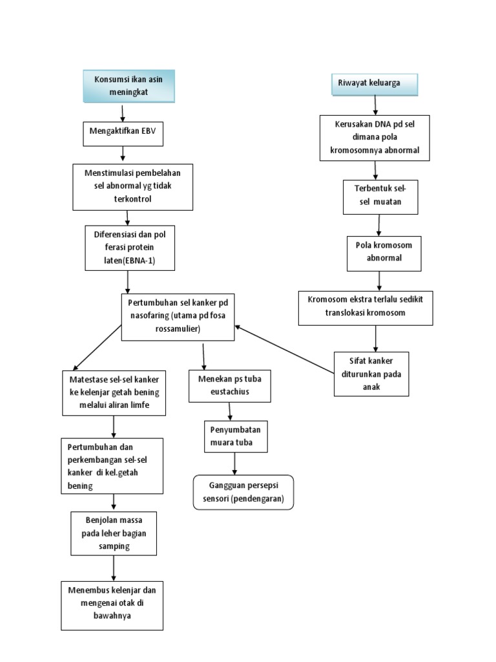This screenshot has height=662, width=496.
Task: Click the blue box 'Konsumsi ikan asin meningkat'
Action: pyautogui.click(x=129, y=86)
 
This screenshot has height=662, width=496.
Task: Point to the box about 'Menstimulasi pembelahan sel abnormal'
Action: pyautogui.click(x=132, y=186)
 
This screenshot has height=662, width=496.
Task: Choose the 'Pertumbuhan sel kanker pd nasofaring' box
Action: pyautogui.click(x=178, y=316)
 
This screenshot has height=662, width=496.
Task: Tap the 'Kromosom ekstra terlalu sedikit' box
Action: pyautogui.click(x=366, y=307)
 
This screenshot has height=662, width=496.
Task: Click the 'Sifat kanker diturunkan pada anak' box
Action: pyautogui.click(x=371, y=373)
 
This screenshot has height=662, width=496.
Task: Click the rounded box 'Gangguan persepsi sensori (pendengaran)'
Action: pyautogui.click(x=243, y=493)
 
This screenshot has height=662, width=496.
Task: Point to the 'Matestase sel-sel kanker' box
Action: pyautogui.click(x=114, y=392)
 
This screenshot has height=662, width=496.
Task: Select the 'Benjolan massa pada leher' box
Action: pyautogui.click(x=114, y=533)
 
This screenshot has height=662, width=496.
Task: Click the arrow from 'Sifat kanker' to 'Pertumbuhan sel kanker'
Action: pyautogui.click(x=284, y=350)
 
